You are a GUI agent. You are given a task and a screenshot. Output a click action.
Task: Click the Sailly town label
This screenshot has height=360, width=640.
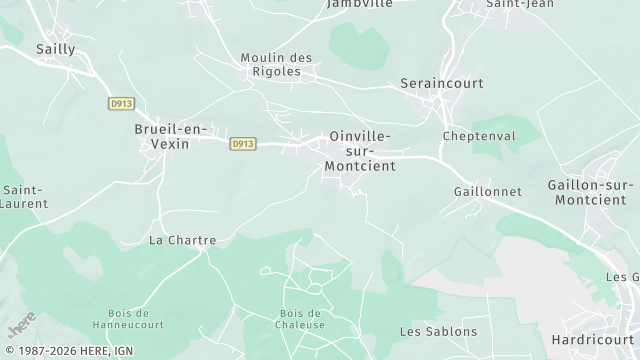click(x=56, y=48)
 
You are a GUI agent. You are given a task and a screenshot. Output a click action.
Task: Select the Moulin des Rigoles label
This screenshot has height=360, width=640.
click(x=277, y=64)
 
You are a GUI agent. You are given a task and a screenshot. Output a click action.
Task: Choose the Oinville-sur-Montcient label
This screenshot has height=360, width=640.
click(x=360, y=150)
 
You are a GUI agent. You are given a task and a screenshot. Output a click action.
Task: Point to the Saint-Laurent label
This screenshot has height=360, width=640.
click(x=21, y=195)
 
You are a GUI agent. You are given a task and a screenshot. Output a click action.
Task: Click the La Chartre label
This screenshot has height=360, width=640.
click(x=182, y=240)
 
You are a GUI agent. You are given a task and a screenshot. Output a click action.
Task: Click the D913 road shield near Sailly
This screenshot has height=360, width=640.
click(x=121, y=103)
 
